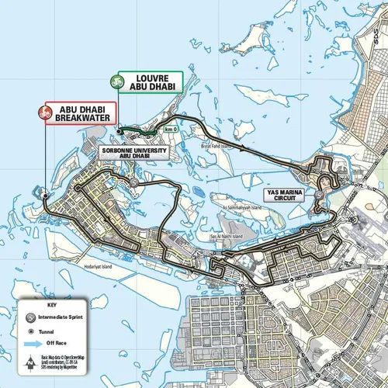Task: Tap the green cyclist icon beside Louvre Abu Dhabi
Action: (x=119, y=81)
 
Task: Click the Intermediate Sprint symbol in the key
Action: (x=30, y=318)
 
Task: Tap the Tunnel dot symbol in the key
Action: (x=30, y=329)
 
